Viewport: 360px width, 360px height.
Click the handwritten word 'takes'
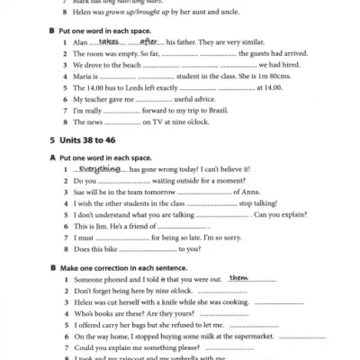pyautogui.click(x=109, y=41)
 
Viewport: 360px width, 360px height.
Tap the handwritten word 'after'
pyautogui.click(x=149, y=41)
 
